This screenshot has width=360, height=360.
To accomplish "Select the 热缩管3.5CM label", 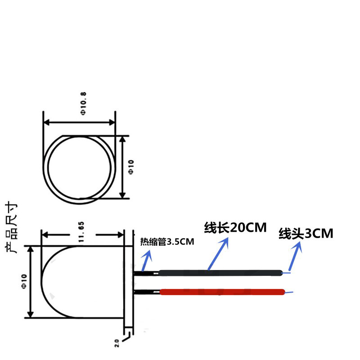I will pyautogui.click(x=167, y=242).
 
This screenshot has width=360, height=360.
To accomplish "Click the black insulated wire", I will pyautogui.click(x=220, y=272).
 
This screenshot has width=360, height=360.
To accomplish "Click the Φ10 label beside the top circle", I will pyautogui.click(x=131, y=167).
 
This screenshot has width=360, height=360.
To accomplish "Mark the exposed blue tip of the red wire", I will pyautogui.click(x=288, y=292).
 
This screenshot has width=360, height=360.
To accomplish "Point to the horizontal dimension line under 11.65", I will pyautogui.click(x=82, y=234).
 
